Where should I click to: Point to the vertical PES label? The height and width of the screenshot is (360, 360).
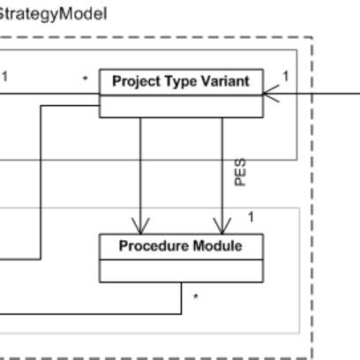240,172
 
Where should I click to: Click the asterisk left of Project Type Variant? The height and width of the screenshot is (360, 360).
85,79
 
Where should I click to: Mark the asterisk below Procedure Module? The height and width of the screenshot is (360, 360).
195,298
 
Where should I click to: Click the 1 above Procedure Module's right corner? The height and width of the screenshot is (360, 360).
251,217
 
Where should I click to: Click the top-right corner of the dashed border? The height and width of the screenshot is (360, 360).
311,38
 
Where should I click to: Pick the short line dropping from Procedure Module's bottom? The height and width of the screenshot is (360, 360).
182,297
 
